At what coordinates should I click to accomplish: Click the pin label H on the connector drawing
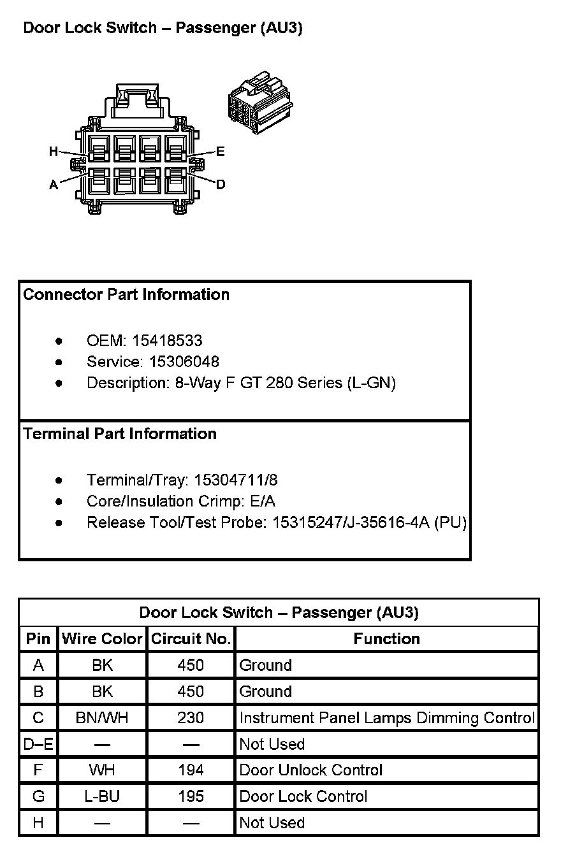(54, 152)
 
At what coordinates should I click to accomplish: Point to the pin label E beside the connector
(221, 152)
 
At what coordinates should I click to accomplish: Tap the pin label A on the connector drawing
(54, 185)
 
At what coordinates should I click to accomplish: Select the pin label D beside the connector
(221, 185)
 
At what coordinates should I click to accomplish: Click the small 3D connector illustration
(259, 103)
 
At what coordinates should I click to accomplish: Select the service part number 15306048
(184, 362)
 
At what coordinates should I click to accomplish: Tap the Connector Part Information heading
(126, 295)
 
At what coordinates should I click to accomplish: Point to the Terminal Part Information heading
(120, 434)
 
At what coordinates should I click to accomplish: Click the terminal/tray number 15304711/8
(236, 480)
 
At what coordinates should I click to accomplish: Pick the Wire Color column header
(102, 639)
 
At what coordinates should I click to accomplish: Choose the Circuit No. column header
(191, 639)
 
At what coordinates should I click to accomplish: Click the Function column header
(386, 639)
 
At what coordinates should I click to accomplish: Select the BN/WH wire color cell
(102, 718)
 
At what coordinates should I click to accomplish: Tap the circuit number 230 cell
(191, 718)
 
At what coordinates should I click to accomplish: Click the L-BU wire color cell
(102, 796)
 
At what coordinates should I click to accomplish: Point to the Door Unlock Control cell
(310, 770)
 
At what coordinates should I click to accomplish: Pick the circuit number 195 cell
(191, 796)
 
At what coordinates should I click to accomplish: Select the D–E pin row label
(38, 744)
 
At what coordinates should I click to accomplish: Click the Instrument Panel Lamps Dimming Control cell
(386, 718)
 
